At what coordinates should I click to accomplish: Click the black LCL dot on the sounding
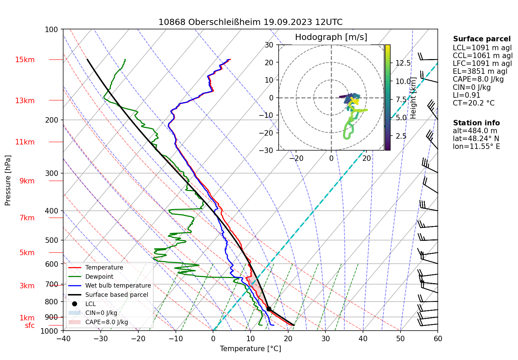pyautogui.click(x=269, y=309)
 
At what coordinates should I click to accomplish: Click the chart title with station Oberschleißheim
pyautogui.click(x=250, y=22)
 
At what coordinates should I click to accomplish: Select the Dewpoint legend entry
pyautogui.click(x=99, y=277)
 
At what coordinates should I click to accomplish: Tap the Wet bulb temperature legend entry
pyautogui.click(x=118, y=286)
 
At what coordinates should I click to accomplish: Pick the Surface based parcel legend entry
pyautogui.click(x=116, y=295)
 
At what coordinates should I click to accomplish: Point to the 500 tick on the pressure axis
pyautogui.click(x=52, y=240)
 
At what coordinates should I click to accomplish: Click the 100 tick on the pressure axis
pyautogui.click(x=52, y=30)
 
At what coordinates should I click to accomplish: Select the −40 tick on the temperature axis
pyautogui.click(x=63, y=339)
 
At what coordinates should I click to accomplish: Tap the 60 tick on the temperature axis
pyautogui.click(x=438, y=339)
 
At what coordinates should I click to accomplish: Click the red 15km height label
pyautogui.click(x=25, y=60)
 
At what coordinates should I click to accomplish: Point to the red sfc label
pyautogui.click(x=30, y=326)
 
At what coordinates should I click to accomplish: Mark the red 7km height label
pyautogui.click(x=27, y=218)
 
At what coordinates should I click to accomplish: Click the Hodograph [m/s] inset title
pyautogui.click(x=331, y=37)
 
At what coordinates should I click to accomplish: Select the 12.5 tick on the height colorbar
pyautogui.click(x=403, y=63)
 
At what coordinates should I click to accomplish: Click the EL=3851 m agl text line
pyautogui.click(x=480, y=71)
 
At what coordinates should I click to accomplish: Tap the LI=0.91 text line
pyautogui.click(x=466, y=95)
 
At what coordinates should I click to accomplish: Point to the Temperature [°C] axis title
pyautogui.click(x=250, y=349)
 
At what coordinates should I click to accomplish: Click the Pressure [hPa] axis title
pyautogui.click(x=8, y=180)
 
